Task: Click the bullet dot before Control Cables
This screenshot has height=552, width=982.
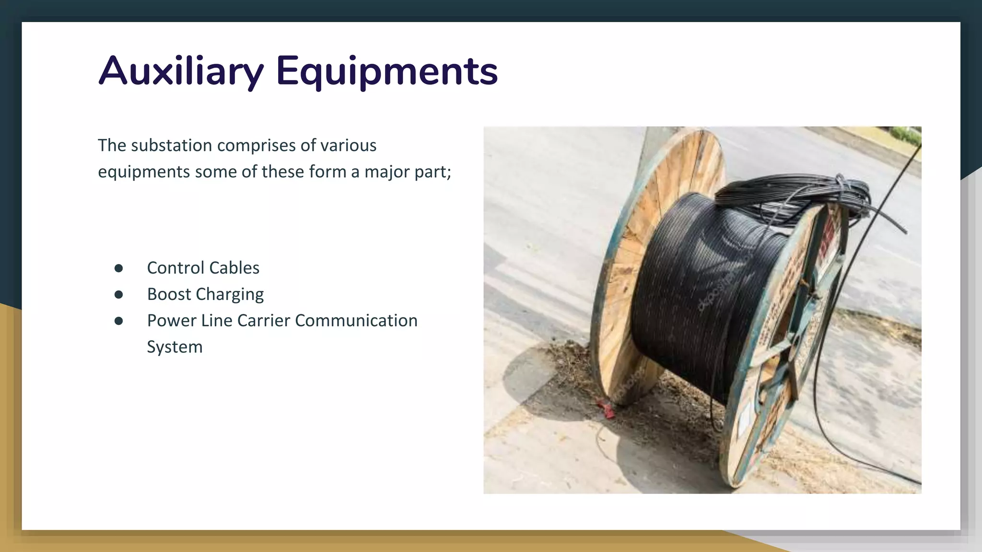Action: coord(119,268)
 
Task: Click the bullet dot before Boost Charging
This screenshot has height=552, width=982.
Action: coord(119,295)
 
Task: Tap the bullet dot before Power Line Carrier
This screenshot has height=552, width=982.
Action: coord(119,321)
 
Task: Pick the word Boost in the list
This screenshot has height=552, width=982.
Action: coord(169,294)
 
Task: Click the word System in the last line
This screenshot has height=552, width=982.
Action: coord(175,347)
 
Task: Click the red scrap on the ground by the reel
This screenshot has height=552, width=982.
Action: coord(606,409)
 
